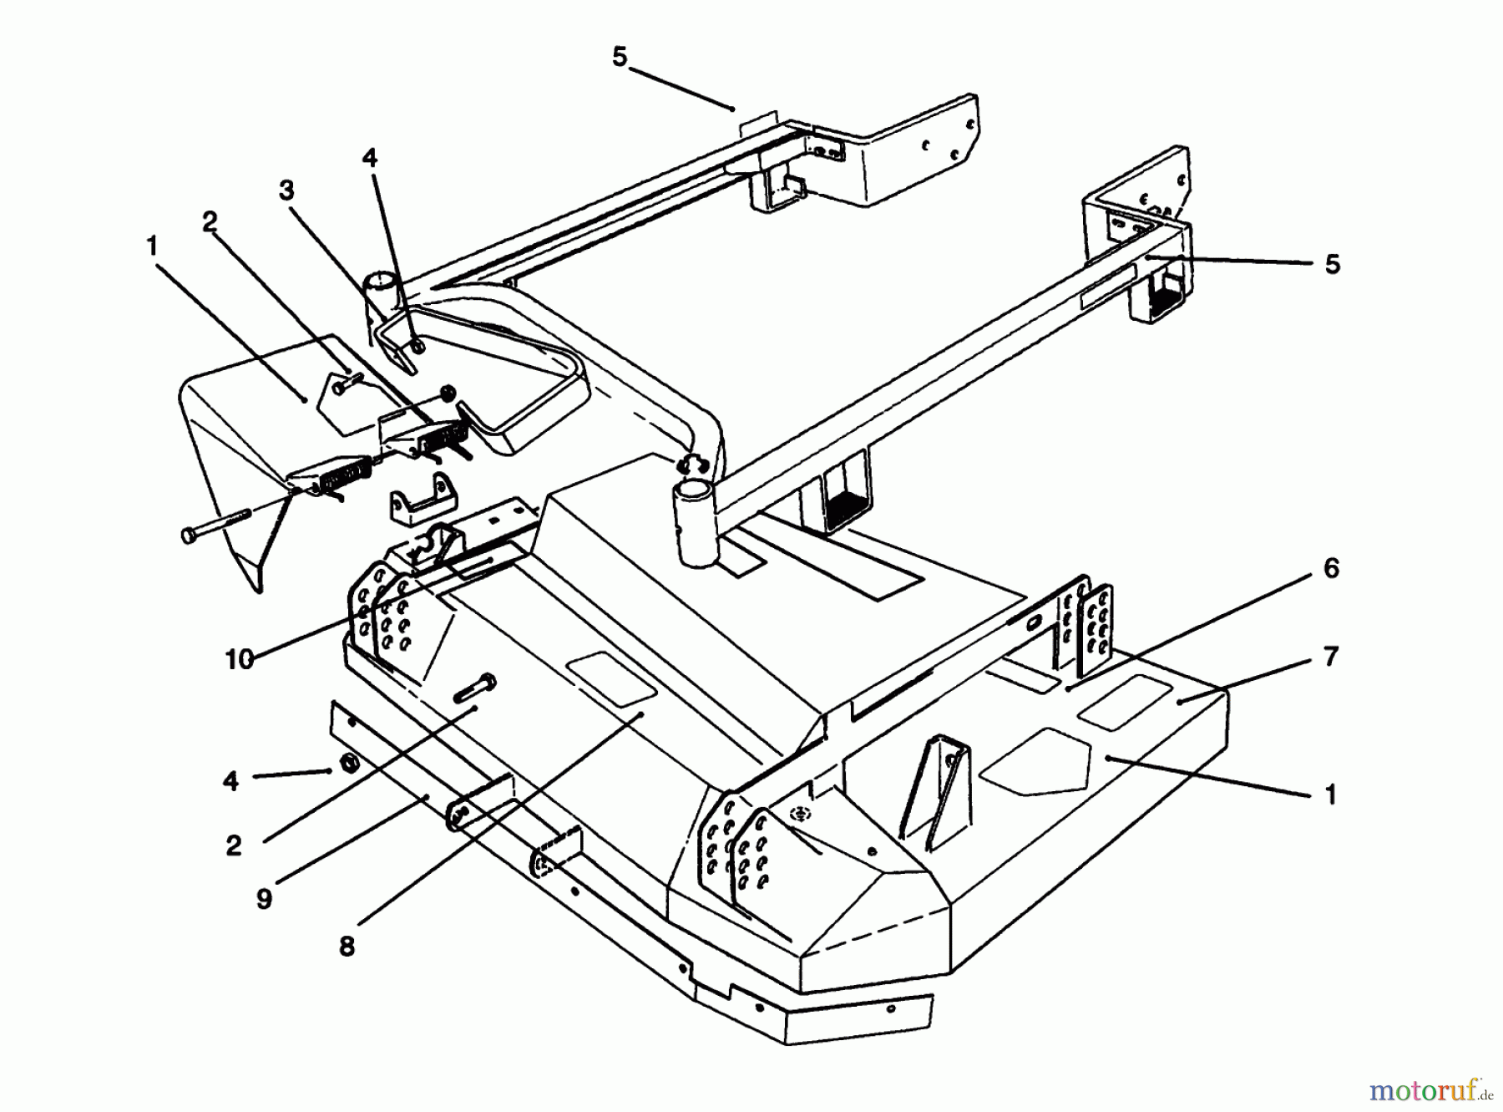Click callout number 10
coord(239,660)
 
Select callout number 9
coord(264,900)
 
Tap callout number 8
coord(347,946)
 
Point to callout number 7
coord(1331,657)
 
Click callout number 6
coord(1331,570)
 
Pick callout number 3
coord(286,190)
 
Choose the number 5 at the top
coord(619,58)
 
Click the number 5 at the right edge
coord(1333,264)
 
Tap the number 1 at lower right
coord(1331,794)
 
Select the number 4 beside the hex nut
coord(231,781)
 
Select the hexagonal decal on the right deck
coord(1035,759)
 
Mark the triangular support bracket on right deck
coord(937,785)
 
